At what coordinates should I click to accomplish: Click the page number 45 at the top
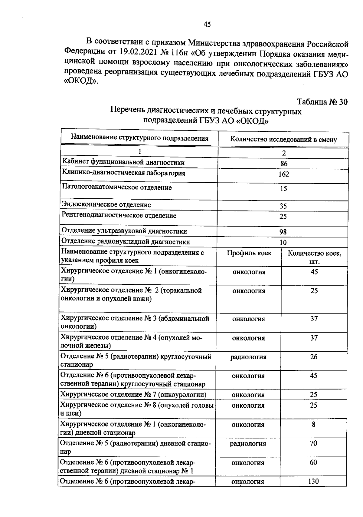[207, 25]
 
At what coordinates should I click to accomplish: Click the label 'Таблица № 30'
[322, 102]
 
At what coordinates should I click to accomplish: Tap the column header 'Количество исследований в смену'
[283, 139]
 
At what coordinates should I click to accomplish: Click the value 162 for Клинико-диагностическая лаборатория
[284, 174]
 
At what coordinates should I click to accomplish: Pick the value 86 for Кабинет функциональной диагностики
[284, 164]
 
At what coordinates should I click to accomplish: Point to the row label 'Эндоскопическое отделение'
[106, 205]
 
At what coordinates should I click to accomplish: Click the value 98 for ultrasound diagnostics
[283, 232]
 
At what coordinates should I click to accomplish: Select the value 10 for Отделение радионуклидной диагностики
[283, 242]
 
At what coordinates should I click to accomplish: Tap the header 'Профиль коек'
[249, 253]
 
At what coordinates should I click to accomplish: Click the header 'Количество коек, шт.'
[314, 257]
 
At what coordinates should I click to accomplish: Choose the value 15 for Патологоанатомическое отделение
[283, 189]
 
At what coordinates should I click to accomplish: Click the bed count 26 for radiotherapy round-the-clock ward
[314, 357]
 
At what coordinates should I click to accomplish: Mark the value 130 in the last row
[313, 481]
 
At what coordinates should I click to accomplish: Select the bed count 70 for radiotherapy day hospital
[313, 443]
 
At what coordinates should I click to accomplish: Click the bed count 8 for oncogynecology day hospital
[313, 424]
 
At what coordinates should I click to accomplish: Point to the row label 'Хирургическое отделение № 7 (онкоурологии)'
[133, 394]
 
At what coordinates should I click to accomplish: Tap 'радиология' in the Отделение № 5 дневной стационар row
[248, 444]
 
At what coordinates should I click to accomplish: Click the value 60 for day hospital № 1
[313, 462]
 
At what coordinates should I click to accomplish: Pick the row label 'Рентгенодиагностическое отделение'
[119, 216]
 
